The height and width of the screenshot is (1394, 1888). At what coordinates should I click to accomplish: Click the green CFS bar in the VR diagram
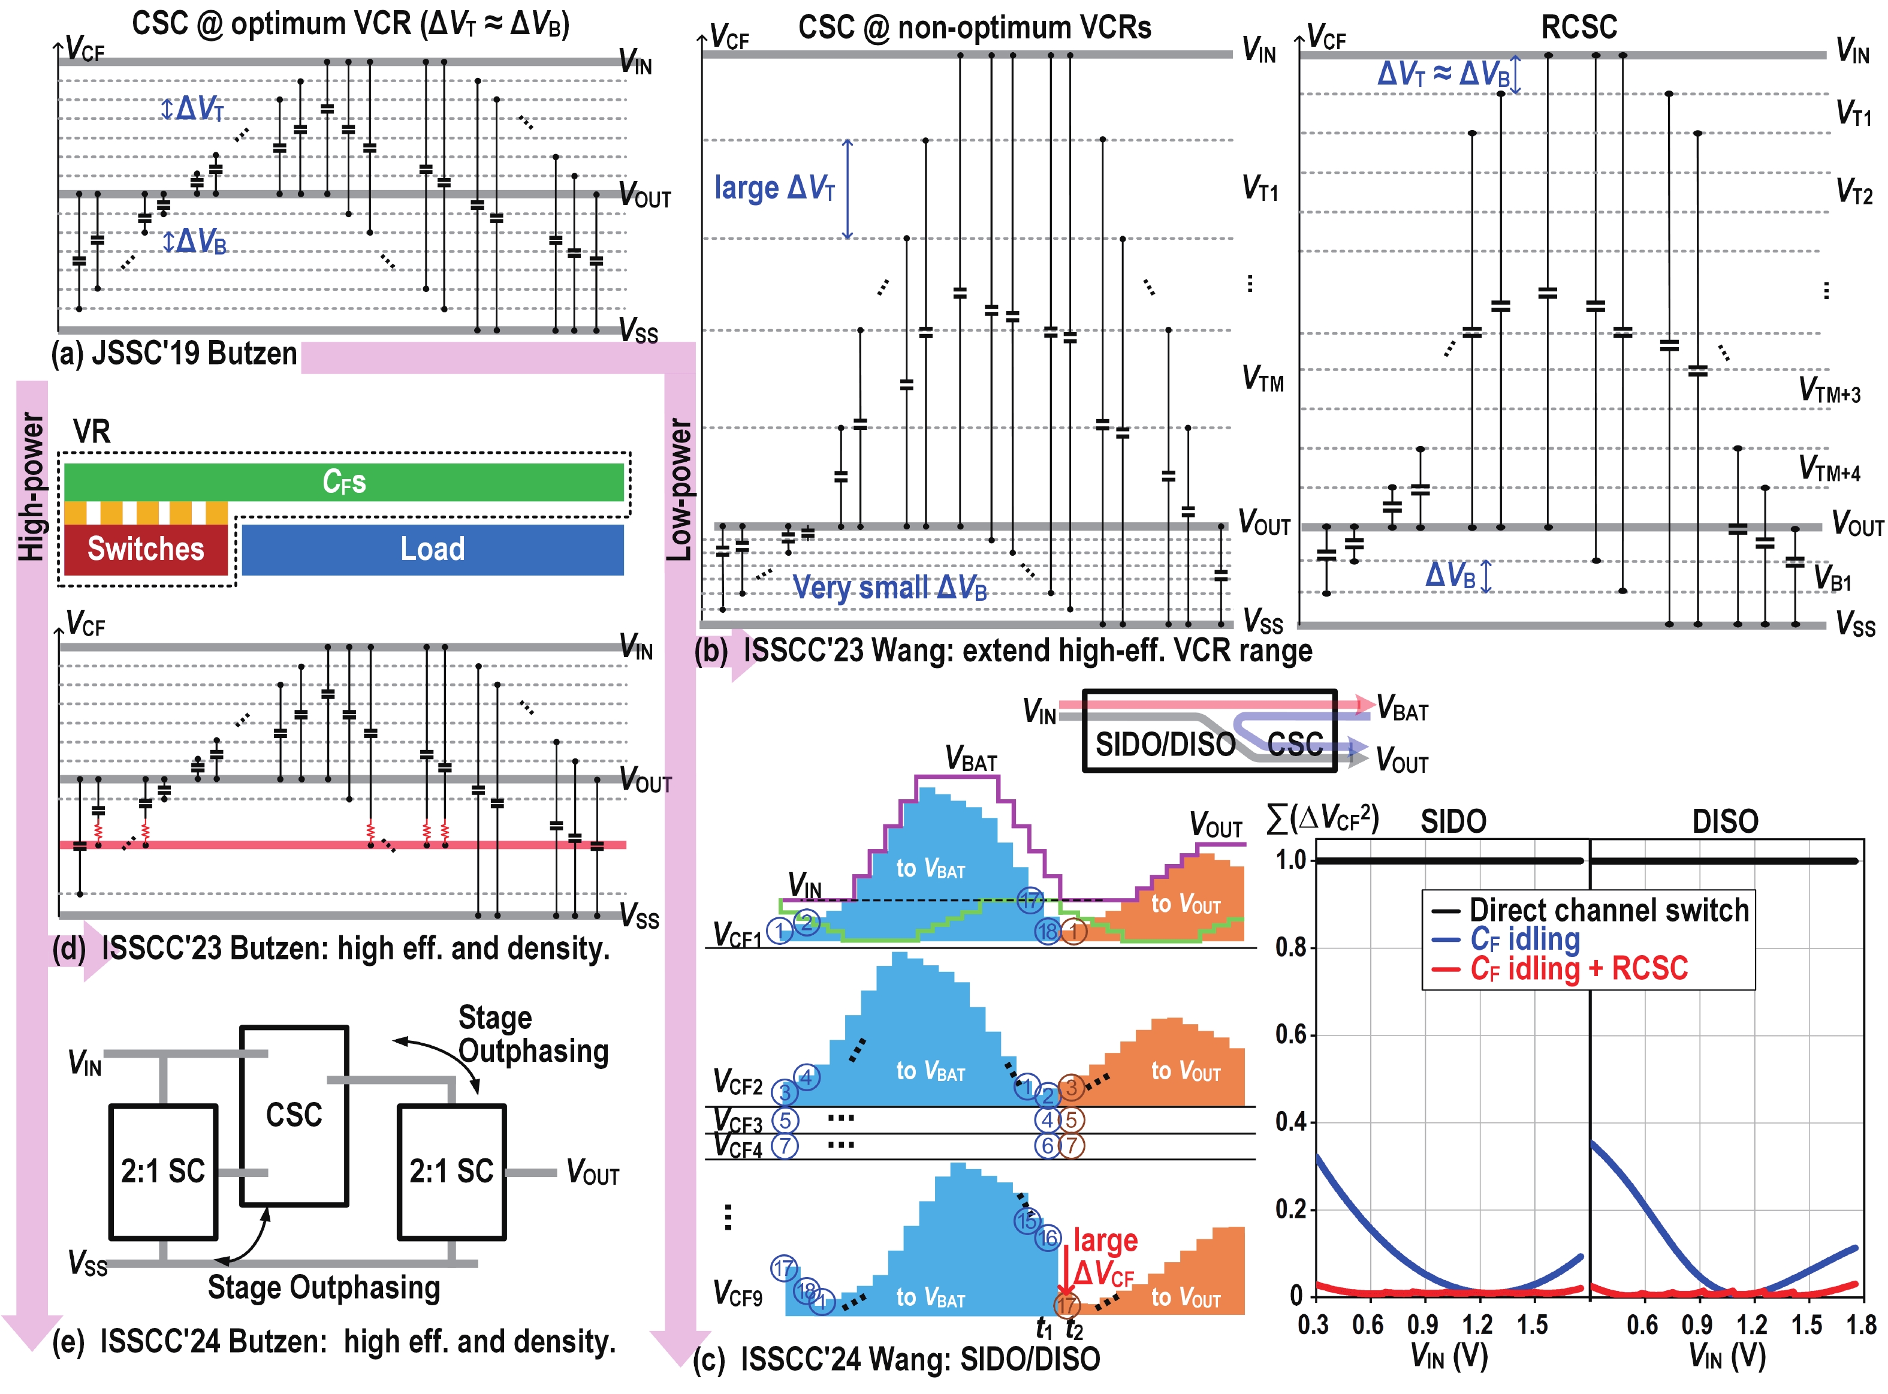tap(343, 482)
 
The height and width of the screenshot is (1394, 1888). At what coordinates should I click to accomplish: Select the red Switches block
tap(145, 549)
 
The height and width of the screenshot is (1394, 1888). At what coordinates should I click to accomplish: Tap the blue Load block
tap(432, 549)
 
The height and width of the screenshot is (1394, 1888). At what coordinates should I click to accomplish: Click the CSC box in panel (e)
tap(294, 1115)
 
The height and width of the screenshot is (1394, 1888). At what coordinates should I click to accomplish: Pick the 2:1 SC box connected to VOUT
tap(451, 1171)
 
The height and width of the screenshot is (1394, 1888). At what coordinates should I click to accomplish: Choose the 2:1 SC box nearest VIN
tap(163, 1171)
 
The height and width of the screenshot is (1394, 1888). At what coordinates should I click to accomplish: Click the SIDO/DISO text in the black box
tap(1164, 744)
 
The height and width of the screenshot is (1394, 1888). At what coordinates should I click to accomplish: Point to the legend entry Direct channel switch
tap(1608, 910)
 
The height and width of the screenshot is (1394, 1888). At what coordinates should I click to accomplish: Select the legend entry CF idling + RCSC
tap(1578, 968)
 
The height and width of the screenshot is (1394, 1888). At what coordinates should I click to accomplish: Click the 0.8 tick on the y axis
tap(1290, 947)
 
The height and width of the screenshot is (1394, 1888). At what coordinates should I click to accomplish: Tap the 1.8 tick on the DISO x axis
tap(1859, 1325)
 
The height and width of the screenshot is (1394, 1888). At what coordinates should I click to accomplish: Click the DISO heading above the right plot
tap(1724, 821)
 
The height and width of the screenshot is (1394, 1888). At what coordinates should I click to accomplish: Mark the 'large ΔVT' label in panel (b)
tap(774, 187)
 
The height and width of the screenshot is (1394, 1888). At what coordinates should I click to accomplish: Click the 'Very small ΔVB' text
tap(889, 588)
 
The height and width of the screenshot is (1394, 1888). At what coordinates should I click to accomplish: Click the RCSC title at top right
tap(1578, 27)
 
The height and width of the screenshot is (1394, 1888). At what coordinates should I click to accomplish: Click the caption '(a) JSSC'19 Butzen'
tap(174, 353)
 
